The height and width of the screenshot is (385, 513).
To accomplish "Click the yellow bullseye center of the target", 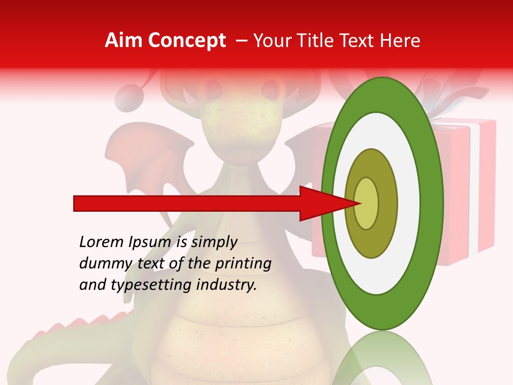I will click(x=367, y=203).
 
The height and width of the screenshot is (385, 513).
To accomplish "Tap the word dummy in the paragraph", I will click(x=102, y=264).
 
